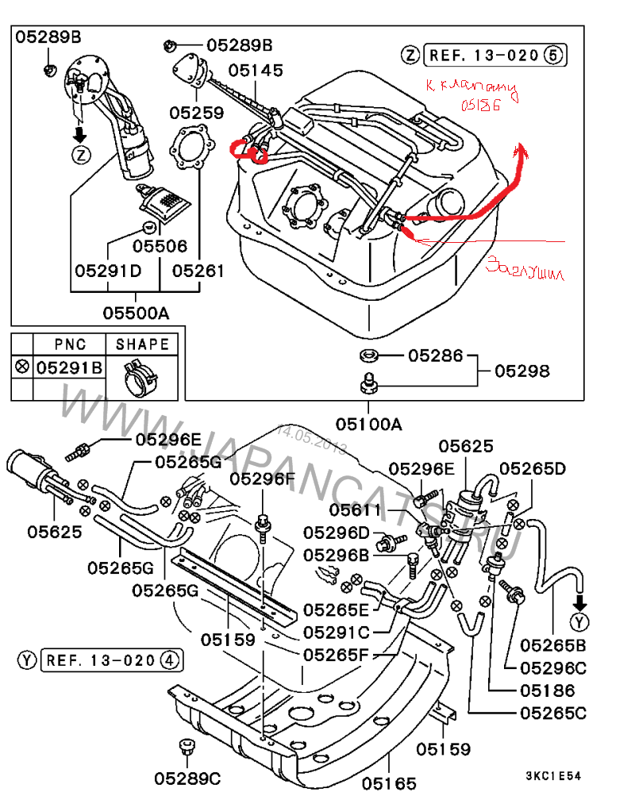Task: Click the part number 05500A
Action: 135,313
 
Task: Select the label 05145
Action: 256,71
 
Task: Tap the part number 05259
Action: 196,113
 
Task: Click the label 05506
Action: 160,247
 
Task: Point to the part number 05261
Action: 198,271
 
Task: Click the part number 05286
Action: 435,355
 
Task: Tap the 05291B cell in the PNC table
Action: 71,367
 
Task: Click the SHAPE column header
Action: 143,344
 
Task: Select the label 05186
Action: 547,690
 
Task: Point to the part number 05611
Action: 355,510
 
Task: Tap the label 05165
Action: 389,783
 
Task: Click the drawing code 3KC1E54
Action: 553,775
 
